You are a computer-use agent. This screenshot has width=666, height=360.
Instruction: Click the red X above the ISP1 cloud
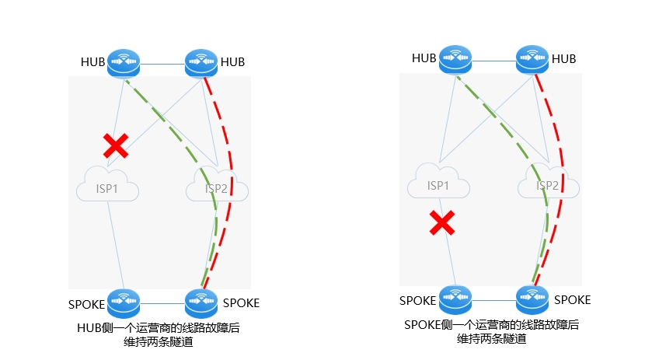coord(116,145)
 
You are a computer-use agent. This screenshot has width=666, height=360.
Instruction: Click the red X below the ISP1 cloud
coord(442,222)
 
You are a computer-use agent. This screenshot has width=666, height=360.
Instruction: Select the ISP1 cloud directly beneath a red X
coord(107,184)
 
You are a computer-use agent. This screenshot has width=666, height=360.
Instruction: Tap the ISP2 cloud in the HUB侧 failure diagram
coord(217,184)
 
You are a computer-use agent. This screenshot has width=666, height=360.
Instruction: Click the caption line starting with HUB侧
coord(159,328)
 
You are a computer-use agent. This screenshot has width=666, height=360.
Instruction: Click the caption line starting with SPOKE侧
coord(491,325)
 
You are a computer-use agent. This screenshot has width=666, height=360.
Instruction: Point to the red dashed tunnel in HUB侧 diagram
coord(232,183)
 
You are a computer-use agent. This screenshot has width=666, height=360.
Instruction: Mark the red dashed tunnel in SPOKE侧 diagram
coord(563,179)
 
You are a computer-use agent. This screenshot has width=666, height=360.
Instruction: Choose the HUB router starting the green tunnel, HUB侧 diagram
coord(124,64)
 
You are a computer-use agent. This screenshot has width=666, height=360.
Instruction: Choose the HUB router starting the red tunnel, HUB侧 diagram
coord(201,64)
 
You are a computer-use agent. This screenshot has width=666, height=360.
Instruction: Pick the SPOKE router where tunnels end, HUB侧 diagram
coord(201,303)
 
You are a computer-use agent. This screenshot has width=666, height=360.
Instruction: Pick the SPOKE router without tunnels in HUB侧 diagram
coord(124,303)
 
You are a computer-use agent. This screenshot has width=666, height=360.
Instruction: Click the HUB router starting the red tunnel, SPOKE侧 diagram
coord(532,60)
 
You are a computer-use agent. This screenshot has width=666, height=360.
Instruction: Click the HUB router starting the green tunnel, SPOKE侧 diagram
coord(455,60)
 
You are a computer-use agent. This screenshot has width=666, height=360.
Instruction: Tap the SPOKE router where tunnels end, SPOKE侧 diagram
coord(532,300)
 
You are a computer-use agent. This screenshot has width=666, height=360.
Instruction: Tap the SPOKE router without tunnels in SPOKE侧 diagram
coord(455,300)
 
